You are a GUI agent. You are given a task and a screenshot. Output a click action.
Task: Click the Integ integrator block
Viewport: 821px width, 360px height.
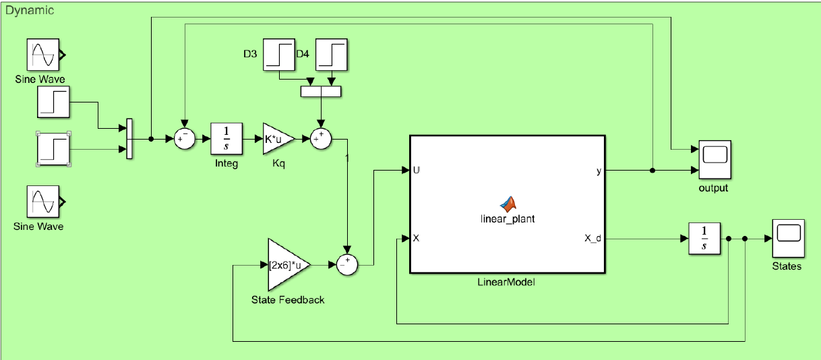point(226,139)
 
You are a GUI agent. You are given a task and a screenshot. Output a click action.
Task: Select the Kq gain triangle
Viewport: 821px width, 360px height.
point(276,139)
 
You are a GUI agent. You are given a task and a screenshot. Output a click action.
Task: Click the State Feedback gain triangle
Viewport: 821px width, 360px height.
point(286,265)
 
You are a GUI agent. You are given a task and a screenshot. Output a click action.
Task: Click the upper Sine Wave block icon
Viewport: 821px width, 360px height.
point(44,55)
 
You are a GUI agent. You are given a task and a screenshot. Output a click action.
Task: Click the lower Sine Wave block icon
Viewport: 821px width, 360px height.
point(44,202)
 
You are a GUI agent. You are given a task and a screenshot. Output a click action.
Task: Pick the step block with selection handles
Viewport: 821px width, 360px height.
point(54,149)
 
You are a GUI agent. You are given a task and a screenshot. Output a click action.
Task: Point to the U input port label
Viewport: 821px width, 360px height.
point(417,171)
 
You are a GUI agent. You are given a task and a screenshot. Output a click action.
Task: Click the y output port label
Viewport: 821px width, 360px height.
point(599,171)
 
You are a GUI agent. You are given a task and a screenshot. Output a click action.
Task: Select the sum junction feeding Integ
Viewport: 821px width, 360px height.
point(184,139)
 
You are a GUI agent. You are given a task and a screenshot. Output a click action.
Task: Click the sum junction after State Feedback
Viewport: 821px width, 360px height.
point(346,265)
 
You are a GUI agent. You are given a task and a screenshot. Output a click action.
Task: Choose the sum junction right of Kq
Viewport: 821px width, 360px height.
point(321,139)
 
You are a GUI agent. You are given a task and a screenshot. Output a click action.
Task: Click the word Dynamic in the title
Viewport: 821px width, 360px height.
point(30,11)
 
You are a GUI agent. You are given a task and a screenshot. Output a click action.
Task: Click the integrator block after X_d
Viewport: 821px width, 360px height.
point(704,239)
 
